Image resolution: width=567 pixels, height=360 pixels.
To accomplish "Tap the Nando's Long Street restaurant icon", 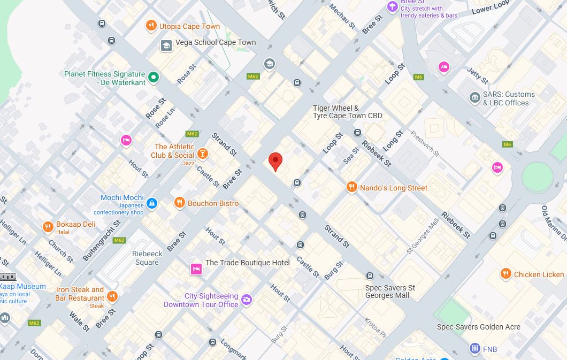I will coord(351,187).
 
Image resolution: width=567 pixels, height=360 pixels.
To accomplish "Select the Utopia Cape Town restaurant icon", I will coord(151,26).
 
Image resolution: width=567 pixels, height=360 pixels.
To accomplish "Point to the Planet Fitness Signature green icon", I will coord(154,78).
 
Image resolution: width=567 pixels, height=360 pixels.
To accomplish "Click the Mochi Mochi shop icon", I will coord(152,203).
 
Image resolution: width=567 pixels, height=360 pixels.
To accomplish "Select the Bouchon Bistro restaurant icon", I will coord(179,203).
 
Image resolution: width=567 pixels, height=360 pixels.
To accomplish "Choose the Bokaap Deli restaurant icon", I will coord(48,227).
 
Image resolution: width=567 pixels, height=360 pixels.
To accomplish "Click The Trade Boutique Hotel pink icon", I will coord(196,269).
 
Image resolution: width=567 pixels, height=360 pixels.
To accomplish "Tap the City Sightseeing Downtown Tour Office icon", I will coord(246,300).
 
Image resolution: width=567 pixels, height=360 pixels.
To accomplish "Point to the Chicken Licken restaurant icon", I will coord(505,274).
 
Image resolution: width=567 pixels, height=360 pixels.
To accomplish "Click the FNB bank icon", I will coord(474,349).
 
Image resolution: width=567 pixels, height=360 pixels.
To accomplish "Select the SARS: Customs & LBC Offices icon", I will coord(474,98).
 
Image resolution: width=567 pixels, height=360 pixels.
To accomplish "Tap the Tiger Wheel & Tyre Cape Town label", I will coord(347,112).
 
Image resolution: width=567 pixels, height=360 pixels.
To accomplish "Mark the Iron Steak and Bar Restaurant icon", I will coord(112,296).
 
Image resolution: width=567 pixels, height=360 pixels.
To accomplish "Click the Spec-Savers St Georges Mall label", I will coord(390,292).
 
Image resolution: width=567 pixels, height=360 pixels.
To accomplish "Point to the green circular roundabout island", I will coord(537,177).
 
